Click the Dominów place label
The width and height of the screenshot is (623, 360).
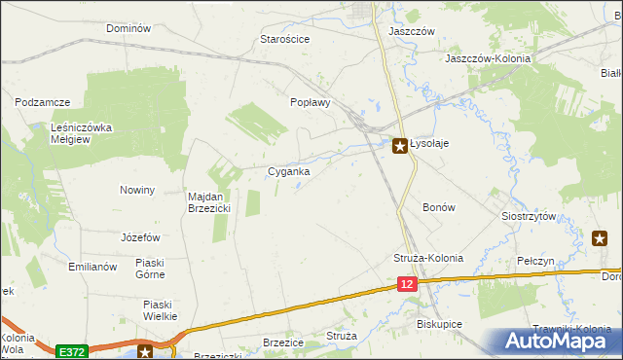tap(128, 28)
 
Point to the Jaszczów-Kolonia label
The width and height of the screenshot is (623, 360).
tap(488, 58)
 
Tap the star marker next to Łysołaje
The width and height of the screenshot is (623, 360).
tap(400, 146)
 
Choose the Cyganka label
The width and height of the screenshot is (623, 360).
tap(289, 172)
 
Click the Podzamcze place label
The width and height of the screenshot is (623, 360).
tap(44, 100)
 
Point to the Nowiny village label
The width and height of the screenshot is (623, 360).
tap(137, 190)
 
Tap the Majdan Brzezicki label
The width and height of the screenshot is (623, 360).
tap(207, 201)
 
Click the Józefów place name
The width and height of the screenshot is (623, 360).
tap(140, 237)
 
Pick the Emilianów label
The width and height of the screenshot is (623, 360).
tap(92, 266)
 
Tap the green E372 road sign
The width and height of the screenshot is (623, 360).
tap(70, 350)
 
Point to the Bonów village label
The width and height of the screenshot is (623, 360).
tap(439, 207)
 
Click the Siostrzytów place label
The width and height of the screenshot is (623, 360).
tap(529, 216)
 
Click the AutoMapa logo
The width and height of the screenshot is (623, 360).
tap(560, 342)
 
